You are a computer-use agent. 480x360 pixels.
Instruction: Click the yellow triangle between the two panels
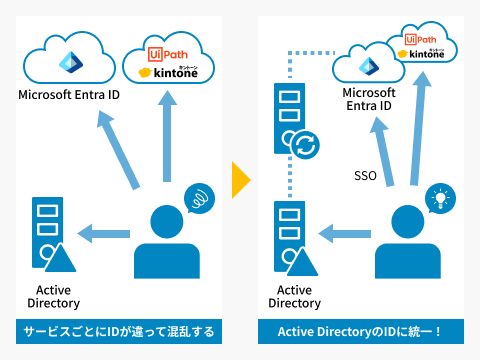click(239, 180)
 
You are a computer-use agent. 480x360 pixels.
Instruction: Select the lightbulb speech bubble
click(437, 197)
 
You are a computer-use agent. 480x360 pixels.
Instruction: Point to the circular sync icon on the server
click(303, 146)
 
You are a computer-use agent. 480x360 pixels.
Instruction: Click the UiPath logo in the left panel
click(162, 53)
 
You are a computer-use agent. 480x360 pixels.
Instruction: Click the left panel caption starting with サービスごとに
click(120, 331)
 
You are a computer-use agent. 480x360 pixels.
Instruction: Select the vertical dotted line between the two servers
click(288, 180)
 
